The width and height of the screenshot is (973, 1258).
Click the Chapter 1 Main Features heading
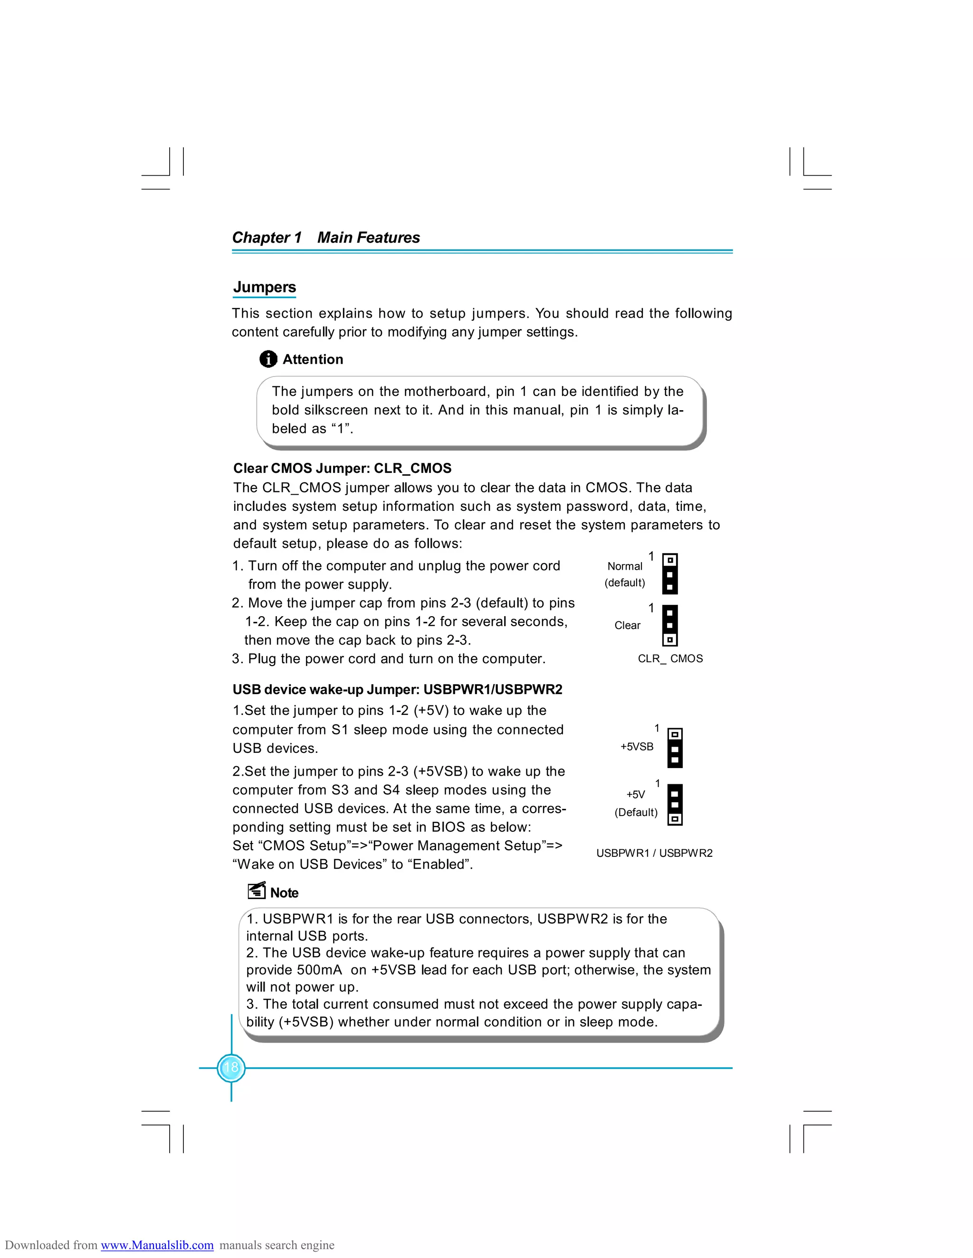325,237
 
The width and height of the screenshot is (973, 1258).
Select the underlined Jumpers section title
264,287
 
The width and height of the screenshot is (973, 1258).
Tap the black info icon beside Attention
268,359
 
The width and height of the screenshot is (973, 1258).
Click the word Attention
313,359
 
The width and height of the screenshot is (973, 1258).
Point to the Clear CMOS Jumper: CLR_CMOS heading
342,468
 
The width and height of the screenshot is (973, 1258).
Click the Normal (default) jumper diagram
669,574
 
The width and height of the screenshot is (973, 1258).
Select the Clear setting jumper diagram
669,625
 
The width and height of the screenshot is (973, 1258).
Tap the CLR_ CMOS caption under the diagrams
670,658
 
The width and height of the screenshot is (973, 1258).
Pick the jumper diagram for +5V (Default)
675,804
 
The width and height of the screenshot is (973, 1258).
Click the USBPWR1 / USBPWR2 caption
654,853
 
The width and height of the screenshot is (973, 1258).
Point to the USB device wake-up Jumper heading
397,689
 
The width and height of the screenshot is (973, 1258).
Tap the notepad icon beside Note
257,891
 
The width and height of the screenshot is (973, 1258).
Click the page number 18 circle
231,1067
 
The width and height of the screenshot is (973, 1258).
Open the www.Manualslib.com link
157,1245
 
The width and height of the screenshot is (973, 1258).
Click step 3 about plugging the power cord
389,658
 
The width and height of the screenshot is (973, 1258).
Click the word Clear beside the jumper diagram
627,626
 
